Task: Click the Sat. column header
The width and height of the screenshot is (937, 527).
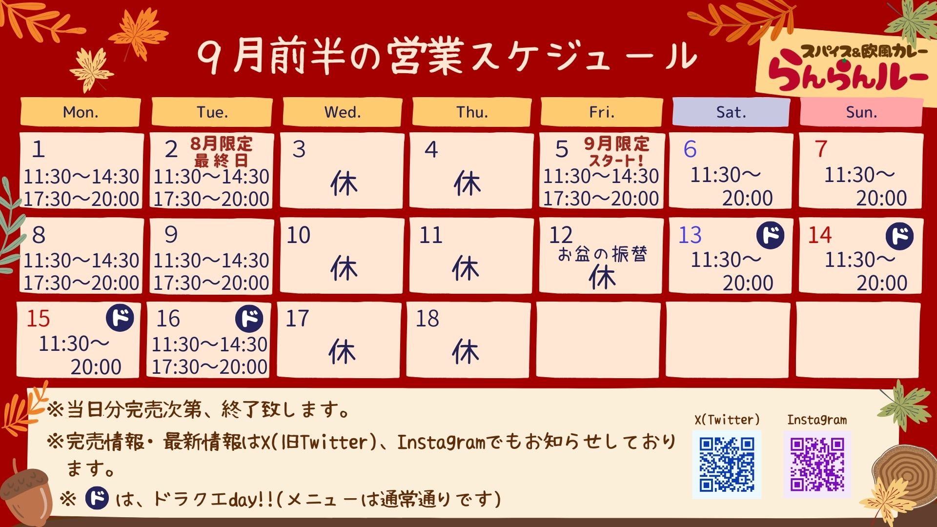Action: [731, 112]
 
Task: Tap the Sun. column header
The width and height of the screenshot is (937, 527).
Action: [861, 112]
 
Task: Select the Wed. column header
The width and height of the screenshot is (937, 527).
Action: [343, 112]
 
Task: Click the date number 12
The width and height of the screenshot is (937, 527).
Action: [561, 235]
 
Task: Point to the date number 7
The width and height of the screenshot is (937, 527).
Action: [821, 149]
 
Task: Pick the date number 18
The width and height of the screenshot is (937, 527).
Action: [428, 319]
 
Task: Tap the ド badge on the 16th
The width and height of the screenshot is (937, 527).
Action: [249, 318]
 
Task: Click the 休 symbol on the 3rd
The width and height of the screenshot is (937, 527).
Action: [344, 184]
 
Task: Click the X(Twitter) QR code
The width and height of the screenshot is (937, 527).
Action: [727, 465]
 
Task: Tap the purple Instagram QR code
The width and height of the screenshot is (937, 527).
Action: [817, 465]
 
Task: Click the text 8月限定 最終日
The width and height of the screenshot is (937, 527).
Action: [222, 151]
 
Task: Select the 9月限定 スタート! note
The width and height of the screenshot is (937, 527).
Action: [616, 151]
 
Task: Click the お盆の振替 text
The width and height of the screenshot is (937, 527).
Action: [602, 254]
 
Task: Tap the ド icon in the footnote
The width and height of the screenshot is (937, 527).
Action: [97, 498]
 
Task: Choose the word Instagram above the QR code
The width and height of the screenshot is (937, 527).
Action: [817, 420]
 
